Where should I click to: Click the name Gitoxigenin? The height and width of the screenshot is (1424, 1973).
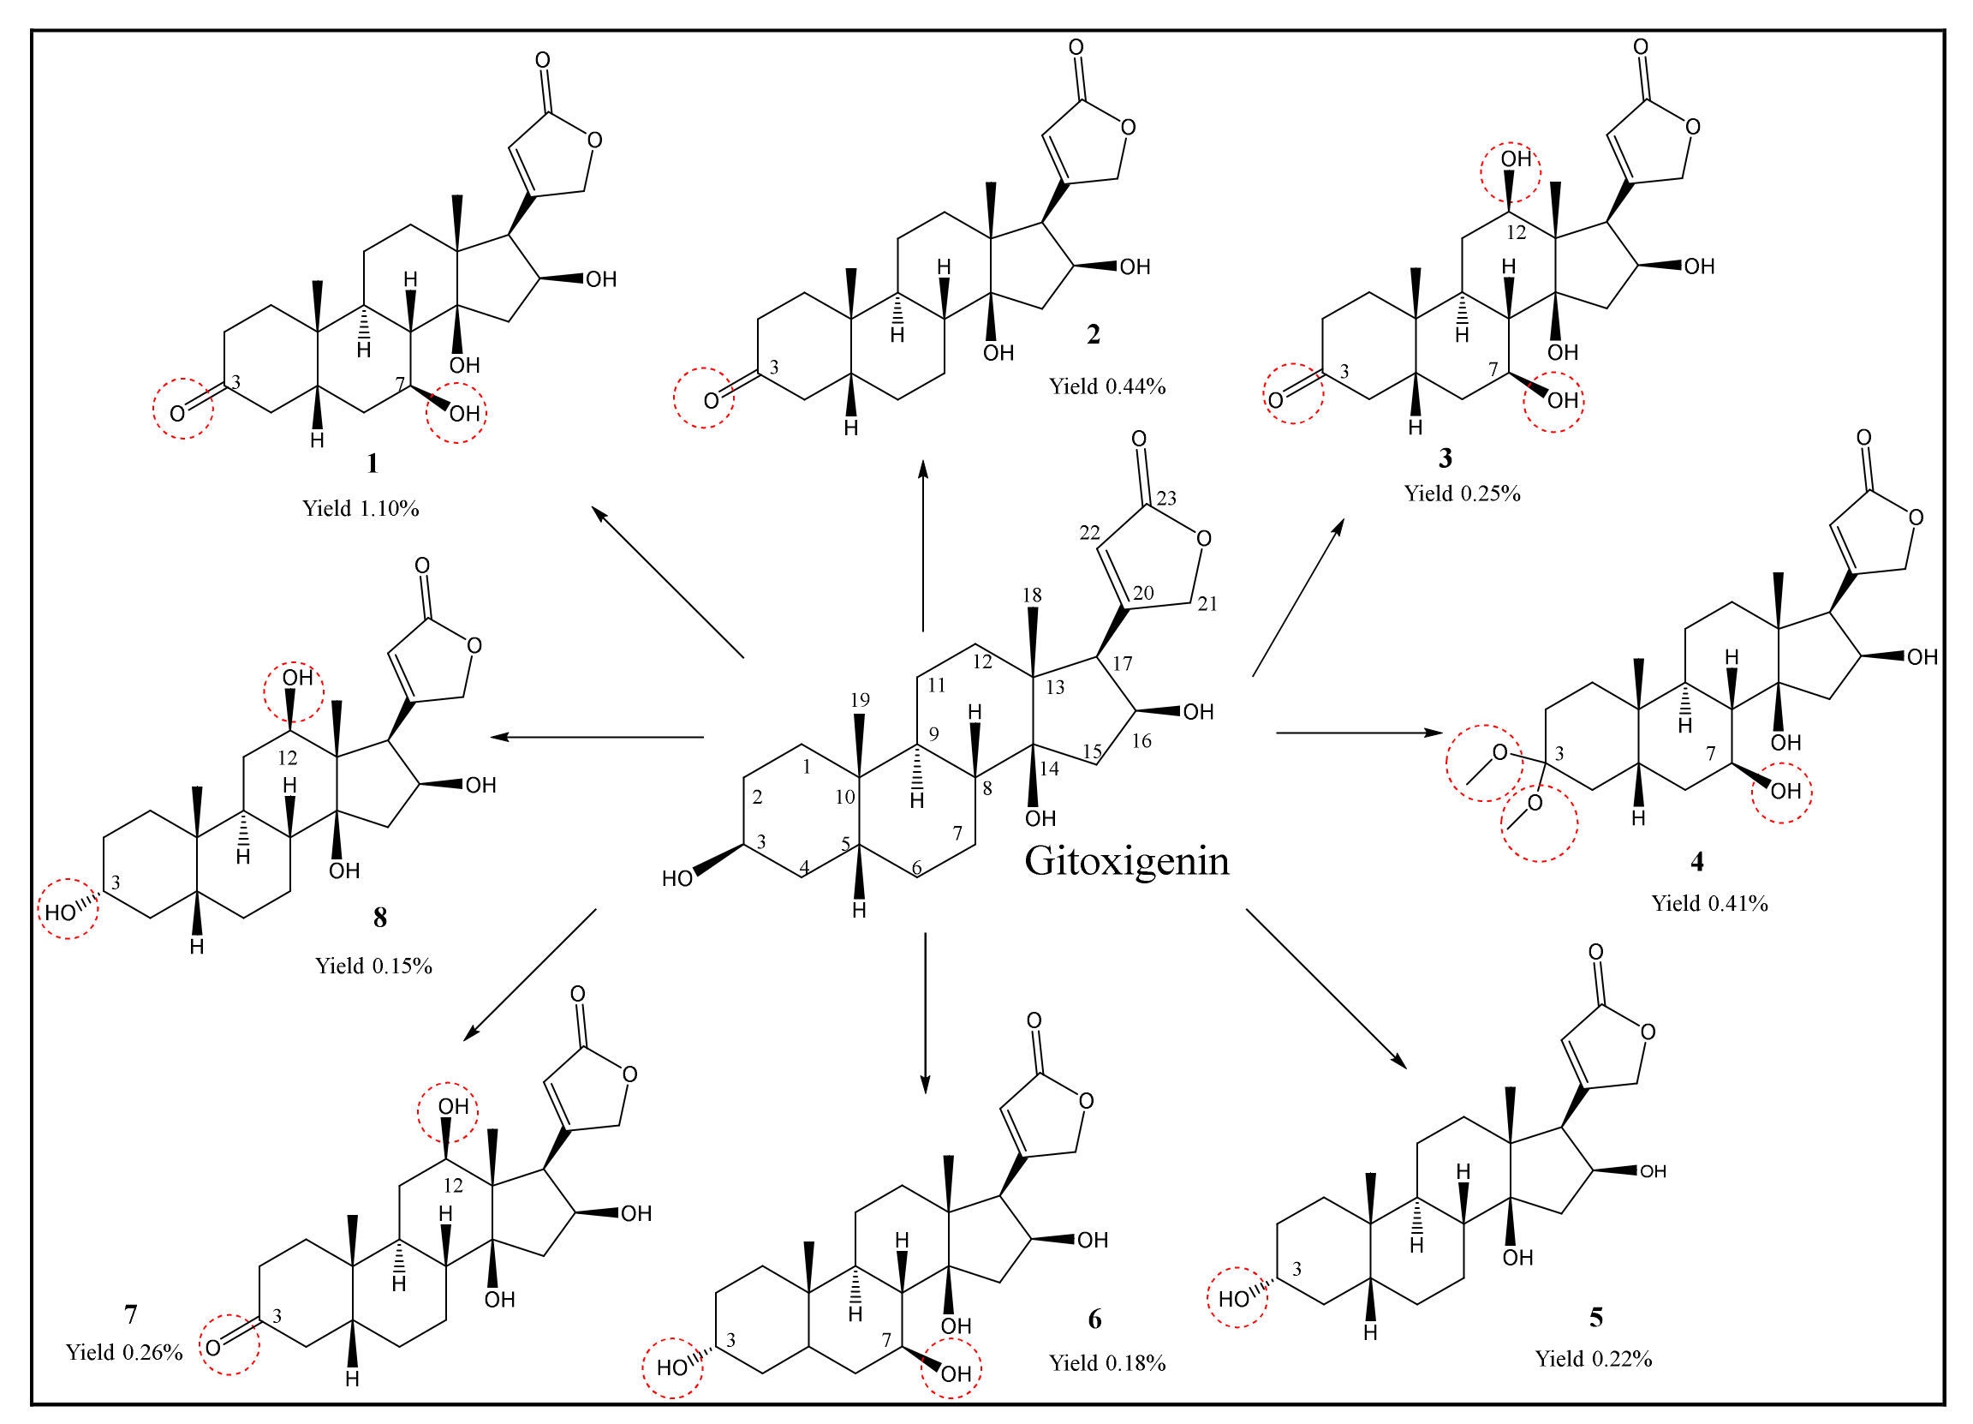pyautogui.click(x=1127, y=861)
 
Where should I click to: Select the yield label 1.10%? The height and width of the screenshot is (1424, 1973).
pyautogui.click(x=361, y=509)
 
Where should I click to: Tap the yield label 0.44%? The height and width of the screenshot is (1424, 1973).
pyautogui.click(x=1106, y=386)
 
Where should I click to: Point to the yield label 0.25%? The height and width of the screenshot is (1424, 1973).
pyautogui.click(x=1462, y=494)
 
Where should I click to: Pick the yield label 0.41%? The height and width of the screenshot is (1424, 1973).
pyautogui.click(x=1709, y=903)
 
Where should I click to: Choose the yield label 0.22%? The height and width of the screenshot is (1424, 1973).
pyautogui.click(x=1593, y=1359)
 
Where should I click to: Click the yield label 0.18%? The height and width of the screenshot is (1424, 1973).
pyautogui.click(x=1106, y=1363)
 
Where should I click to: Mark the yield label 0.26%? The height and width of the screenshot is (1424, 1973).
pyautogui.click(x=123, y=1352)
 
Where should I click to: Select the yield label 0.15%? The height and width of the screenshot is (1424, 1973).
pyautogui.click(x=373, y=966)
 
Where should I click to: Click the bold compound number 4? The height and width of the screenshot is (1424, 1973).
pyautogui.click(x=1696, y=862)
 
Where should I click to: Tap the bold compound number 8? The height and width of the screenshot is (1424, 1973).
pyautogui.click(x=380, y=918)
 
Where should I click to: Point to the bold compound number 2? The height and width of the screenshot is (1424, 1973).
pyautogui.click(x=1094, y=334)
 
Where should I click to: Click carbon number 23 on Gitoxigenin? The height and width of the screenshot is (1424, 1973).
pyautogui.click(x=1166, y=498)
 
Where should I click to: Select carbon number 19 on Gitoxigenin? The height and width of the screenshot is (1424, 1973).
pyautogui.click(x=860, y=700)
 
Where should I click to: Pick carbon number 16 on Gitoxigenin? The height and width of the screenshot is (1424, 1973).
pyautogui.click(x=1141, y=741)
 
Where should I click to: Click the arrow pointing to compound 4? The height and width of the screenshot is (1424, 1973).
pyautogui.click(x=1357, y=733)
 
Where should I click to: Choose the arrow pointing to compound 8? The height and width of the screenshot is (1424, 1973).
pyautogui.click(x=597, y=737)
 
